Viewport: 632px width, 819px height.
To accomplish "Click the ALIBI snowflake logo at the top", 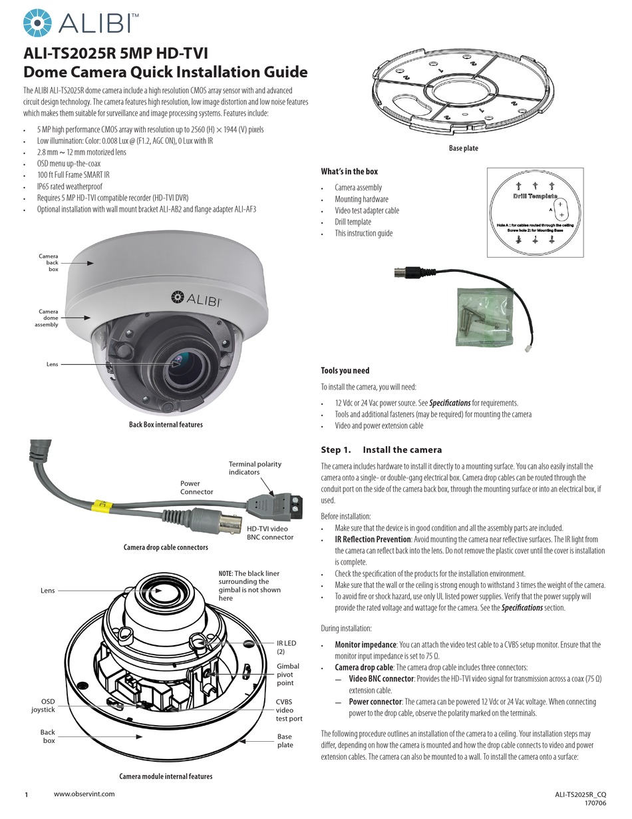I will point(37,23).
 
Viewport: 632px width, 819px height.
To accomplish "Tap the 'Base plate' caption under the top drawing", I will point(463,148).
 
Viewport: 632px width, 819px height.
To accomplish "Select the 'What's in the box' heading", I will point(349,172).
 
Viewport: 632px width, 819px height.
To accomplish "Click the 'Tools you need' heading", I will point(345,371).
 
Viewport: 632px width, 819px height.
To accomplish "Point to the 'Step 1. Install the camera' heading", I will point(381,450).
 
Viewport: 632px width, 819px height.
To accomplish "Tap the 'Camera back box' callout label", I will point(49,262).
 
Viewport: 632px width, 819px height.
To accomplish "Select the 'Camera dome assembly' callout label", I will point(48,318).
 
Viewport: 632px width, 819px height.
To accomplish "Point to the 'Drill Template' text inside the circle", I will point(535,197).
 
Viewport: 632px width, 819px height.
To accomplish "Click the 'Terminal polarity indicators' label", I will point(255,468).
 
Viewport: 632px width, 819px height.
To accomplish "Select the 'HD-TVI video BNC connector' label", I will point(270,532).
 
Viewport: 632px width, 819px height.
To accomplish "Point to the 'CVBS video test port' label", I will point(289,710).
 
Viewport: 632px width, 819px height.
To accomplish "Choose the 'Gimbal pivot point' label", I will point(288,675).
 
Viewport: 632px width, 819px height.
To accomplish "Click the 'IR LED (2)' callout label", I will point(287,647).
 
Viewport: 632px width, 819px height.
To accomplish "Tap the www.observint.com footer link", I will point(84,794).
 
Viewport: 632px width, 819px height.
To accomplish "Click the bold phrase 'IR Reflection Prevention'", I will point(373,539).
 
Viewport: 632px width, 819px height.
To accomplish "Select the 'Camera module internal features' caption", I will point(166,776).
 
